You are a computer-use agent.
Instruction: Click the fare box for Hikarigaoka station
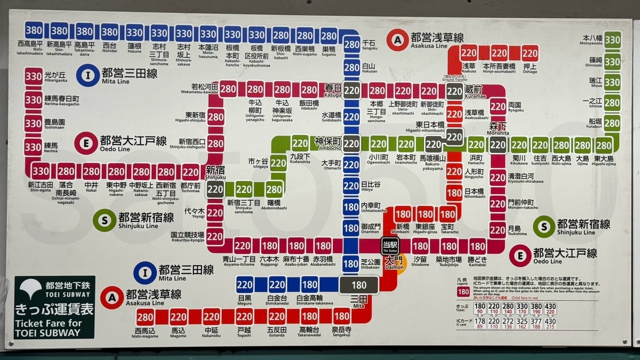pos(33,76)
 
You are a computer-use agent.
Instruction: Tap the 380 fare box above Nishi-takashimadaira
pos(34,30)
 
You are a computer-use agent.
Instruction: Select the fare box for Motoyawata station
pos(612,39)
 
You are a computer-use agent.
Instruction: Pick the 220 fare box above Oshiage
pos(530,53)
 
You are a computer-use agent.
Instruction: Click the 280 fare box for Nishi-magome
pos(145,316)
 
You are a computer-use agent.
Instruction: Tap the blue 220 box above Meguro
pos(245,284)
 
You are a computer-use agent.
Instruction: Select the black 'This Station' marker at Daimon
pos(389,246)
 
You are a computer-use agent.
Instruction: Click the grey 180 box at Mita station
pos(359,285)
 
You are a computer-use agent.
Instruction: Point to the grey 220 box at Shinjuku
pos(215,189)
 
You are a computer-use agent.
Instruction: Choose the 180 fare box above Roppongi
pos(269,246)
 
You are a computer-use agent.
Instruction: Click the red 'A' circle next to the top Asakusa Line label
pos(397,40)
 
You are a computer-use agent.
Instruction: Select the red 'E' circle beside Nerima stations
pos(86,143)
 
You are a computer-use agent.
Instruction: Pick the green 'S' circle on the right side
pos(544,227)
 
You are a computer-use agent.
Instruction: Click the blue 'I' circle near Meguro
pos(145,273)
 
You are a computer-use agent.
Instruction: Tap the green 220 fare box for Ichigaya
pos(278,163)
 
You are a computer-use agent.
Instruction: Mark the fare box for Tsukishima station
pos(497,229)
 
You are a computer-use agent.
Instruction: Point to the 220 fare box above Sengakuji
pos(341,316)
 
